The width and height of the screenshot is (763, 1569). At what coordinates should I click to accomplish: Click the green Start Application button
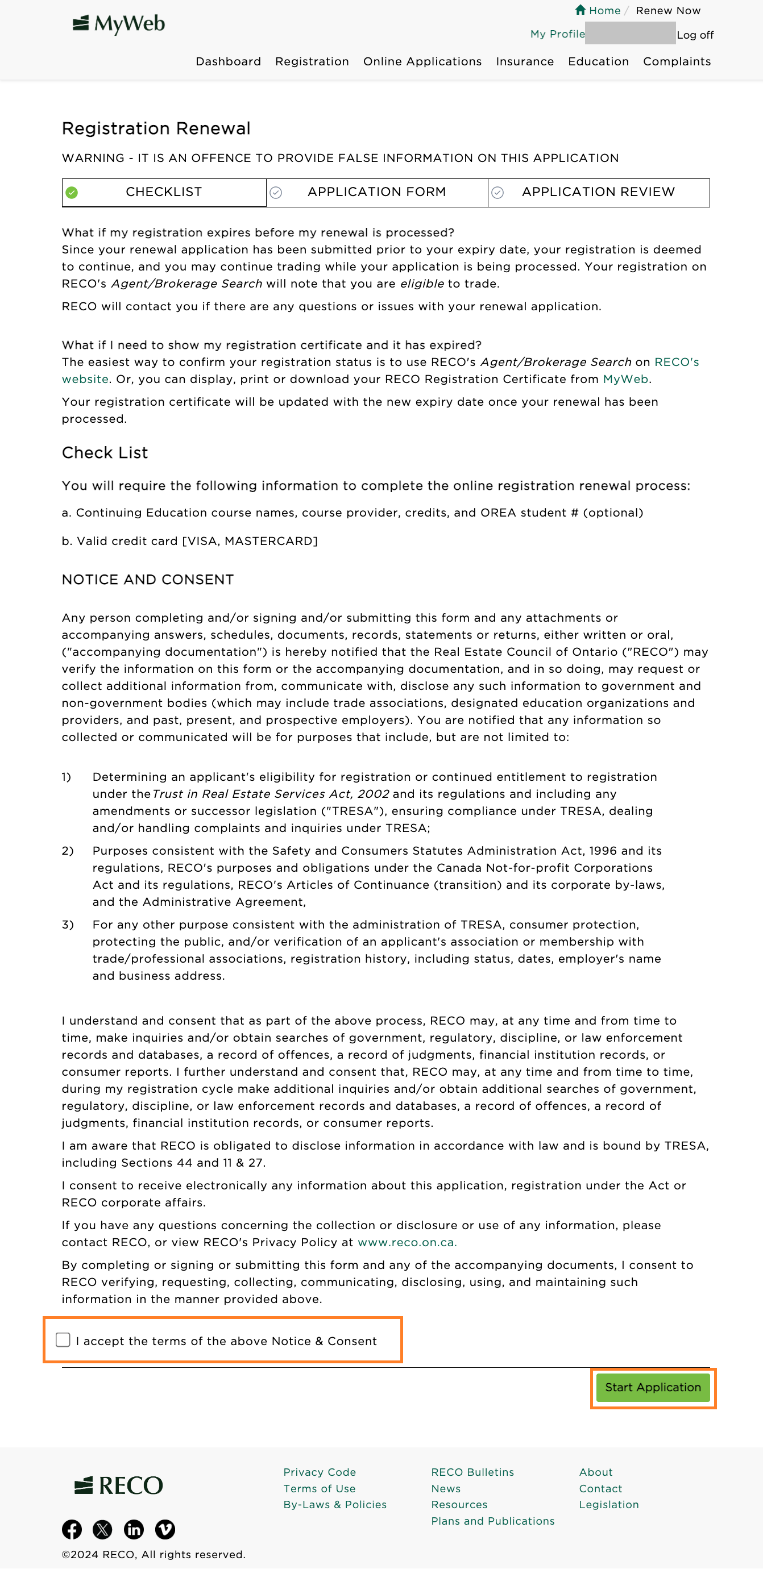653,1388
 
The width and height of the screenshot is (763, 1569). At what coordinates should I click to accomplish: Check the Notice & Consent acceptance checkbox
63,1340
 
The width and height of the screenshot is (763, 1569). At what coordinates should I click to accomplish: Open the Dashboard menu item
228,61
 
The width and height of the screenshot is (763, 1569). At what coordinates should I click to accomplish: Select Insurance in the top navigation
525,61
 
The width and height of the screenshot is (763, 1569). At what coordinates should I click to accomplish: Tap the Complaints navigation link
677,61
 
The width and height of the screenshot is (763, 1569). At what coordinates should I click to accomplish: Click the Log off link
695,35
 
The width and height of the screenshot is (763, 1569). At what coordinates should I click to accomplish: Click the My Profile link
557,34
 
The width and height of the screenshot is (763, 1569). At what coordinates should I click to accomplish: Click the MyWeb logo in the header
119,24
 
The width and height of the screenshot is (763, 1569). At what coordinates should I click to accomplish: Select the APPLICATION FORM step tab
376,193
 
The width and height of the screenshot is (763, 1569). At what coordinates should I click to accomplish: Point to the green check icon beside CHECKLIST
72,193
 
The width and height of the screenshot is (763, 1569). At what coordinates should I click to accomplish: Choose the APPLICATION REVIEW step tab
598,193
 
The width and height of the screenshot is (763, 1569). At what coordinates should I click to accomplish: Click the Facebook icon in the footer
72,1529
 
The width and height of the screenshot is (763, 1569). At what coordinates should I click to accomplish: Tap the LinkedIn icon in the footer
134,1529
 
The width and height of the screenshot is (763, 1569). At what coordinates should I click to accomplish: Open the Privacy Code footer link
320,1472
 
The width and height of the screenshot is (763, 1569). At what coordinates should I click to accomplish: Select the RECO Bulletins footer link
472,1472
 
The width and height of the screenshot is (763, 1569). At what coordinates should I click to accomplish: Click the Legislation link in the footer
609,1504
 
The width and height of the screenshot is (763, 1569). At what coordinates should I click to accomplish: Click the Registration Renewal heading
156,128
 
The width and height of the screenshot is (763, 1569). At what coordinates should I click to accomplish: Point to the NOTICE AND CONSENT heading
147,580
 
